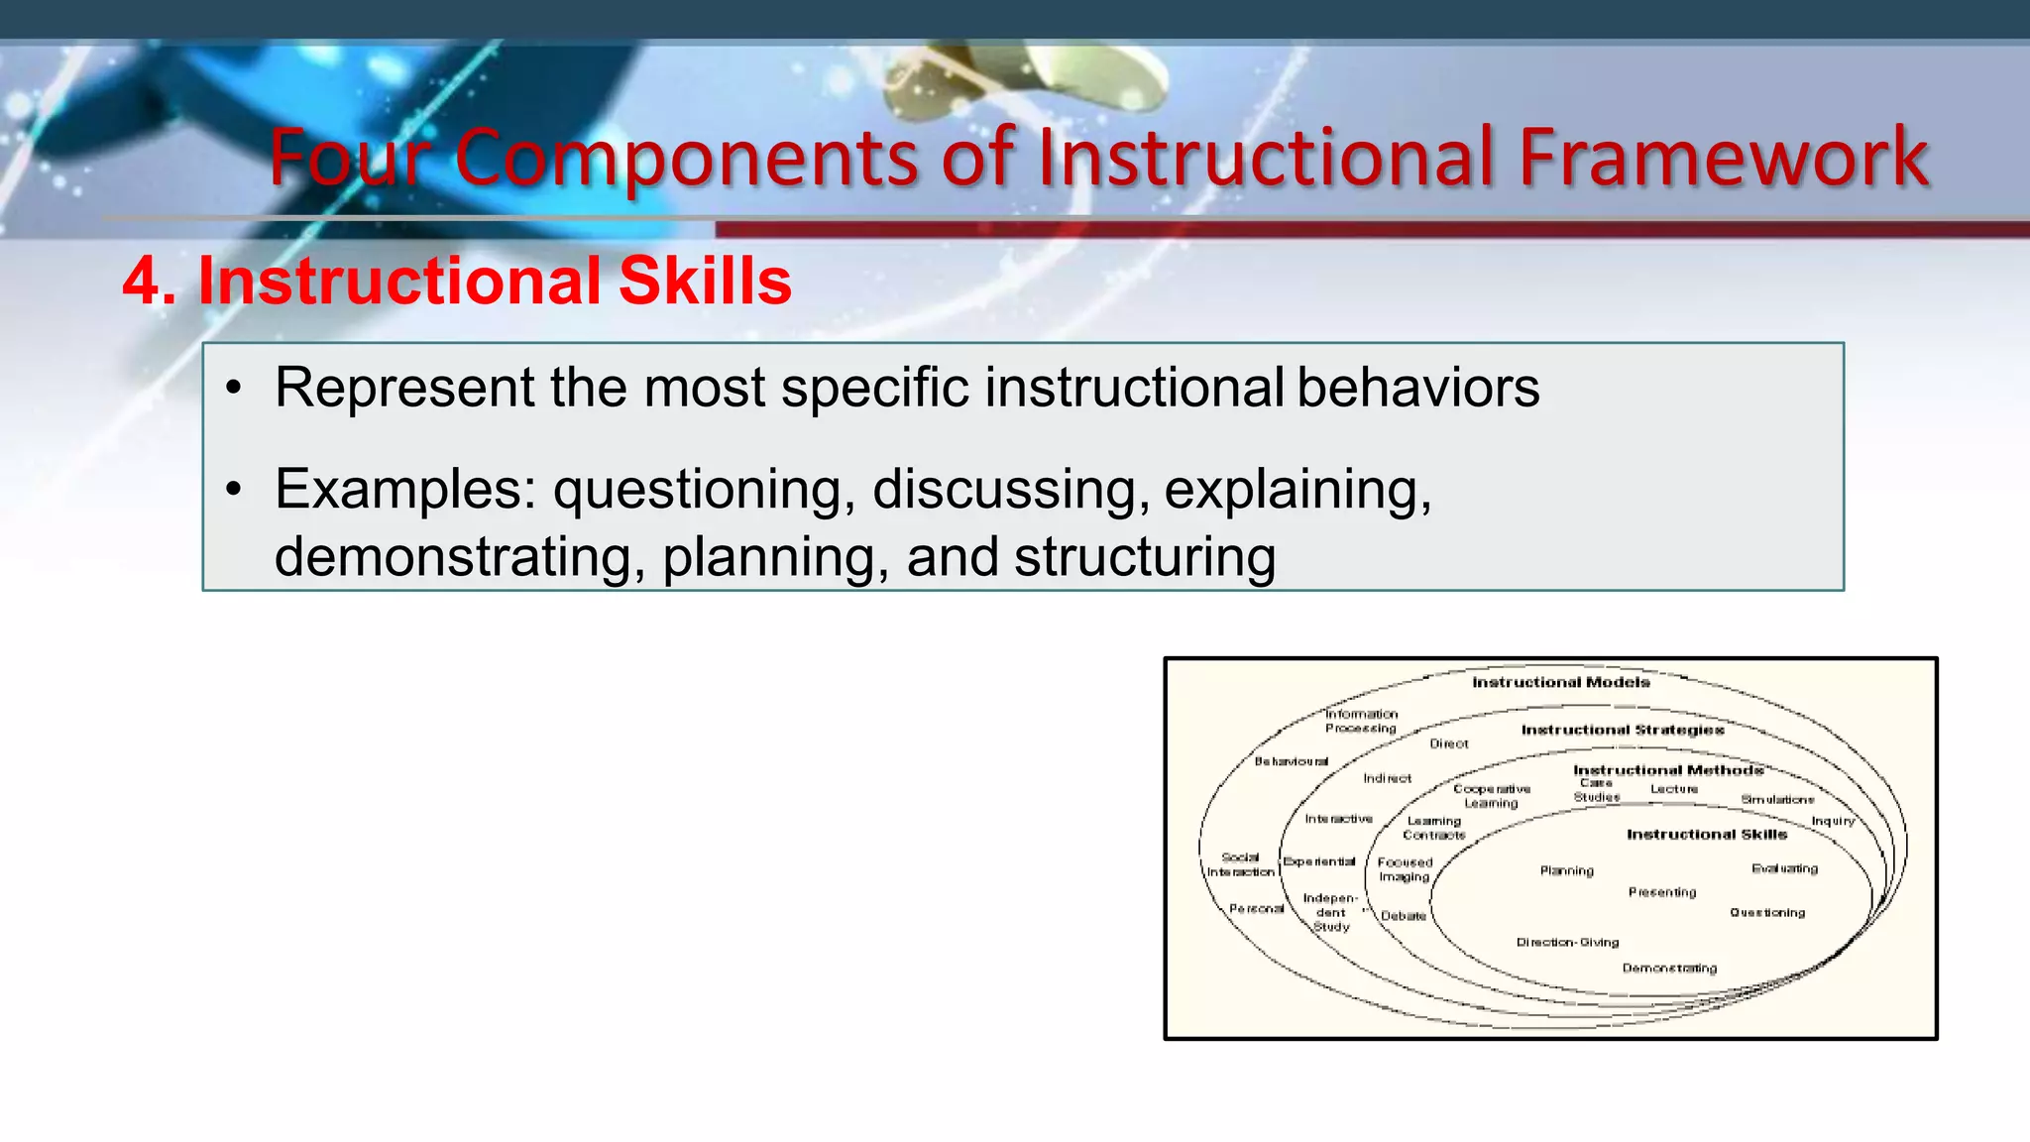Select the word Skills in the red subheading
point(705,282)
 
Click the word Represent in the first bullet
point(404,388)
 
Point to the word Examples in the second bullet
point(404,490)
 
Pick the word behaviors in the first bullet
point(1417,388)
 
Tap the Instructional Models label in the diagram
point(1560,682)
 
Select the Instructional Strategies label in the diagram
point(1623,730)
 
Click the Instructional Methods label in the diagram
point(1668,770)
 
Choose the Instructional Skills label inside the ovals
point(1707,835)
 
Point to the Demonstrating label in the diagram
point(1669,969)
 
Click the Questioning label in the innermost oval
point(1767,913)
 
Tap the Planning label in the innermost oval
point(1566,871)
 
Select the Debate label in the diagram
point(1404,916)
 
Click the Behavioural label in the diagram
point(1291,761)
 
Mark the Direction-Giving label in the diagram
point(1567,943)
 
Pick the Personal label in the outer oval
point(1256,909)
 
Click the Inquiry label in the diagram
point(1833,821)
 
